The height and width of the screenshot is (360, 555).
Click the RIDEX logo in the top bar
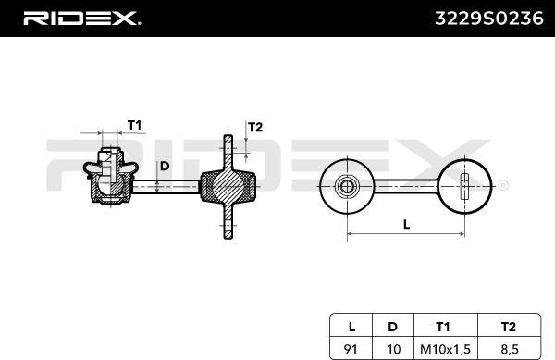(80, 17)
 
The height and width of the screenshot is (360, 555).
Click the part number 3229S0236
(487, 17)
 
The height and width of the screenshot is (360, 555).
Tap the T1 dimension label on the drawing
(133, 126)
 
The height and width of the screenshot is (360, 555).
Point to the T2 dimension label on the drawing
(256, 127)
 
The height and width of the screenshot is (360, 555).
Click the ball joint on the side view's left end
(111, 180)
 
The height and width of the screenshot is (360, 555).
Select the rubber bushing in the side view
(226, 185)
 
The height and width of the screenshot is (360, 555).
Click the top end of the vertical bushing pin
(227, 140)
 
